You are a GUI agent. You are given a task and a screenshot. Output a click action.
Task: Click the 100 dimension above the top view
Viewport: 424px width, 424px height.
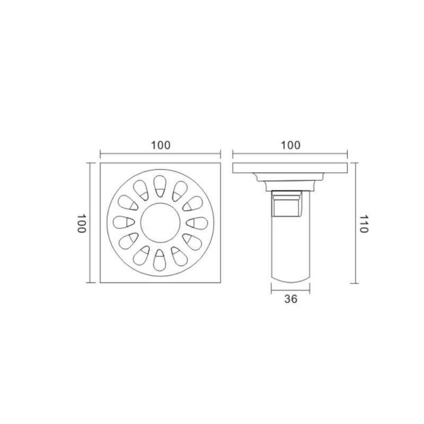coord(161,145)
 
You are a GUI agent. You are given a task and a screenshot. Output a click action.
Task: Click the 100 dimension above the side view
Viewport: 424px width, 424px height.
coord(290,145)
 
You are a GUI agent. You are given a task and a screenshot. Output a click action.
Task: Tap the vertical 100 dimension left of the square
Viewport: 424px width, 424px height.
coord(82,223)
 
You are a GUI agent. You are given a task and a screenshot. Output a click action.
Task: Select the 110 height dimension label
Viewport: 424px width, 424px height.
coord(364,224)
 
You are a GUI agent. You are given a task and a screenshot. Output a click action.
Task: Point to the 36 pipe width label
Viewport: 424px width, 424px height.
coord(290,299)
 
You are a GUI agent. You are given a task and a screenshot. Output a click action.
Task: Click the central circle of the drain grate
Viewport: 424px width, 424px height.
coord(161,223)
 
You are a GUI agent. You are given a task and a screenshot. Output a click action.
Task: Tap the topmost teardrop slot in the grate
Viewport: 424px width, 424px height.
coord(160,187)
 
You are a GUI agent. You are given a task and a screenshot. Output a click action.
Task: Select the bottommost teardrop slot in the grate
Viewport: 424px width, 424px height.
coord(160,260)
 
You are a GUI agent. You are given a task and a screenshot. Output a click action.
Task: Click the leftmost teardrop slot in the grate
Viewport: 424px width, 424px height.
coord(123,223)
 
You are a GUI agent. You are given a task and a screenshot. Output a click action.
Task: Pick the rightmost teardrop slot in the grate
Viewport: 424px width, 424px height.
coord(197,223)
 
